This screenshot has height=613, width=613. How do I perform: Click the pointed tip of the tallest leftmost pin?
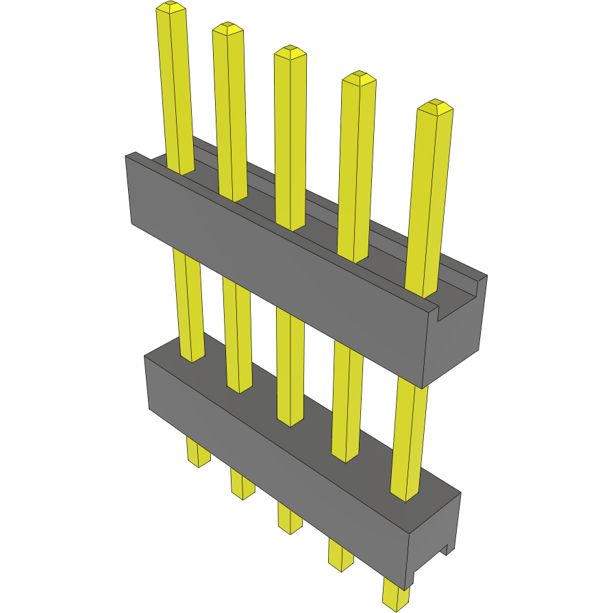[x=171, y=7]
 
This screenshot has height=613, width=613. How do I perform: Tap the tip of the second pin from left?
[x=227, y=28]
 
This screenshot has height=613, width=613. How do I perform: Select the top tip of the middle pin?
[x=290, y=51]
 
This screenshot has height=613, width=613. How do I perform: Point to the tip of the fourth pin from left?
[x=359, y=77]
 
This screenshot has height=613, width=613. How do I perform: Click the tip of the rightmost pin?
[x=436, y=106]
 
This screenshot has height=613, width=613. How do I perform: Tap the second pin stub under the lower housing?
[x=242, y=484]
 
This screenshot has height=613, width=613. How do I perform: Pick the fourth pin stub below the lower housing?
[x=340, y=555]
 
